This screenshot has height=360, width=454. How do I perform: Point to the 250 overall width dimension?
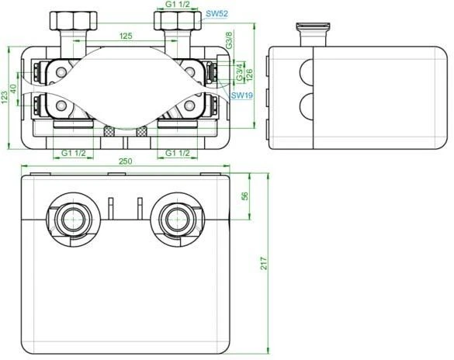click(124, 161)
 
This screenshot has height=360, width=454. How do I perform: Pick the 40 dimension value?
click(13, 88)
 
